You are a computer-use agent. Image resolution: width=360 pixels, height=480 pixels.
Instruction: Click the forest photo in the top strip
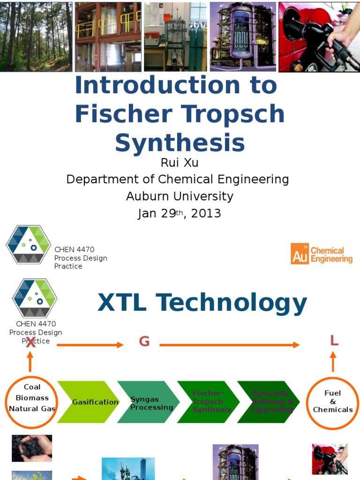pos(36,36)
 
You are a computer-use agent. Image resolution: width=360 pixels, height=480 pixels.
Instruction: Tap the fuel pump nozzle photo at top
pos(319,37)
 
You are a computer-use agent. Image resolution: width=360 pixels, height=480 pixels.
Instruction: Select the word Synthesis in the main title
pos(180,142)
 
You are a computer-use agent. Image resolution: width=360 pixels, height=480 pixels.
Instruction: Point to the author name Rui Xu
pos(180,163)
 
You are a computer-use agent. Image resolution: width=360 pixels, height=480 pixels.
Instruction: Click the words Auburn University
pos(180,196)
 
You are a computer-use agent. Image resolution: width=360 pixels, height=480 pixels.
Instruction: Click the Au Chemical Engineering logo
pos(322,254)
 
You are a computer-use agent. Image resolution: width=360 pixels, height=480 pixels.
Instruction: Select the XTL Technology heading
pos(202,303)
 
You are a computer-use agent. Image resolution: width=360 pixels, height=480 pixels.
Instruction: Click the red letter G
pos(144,342)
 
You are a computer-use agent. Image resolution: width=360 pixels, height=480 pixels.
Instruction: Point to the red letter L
pos(334,341)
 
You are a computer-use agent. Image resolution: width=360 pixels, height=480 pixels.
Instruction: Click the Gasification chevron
pos(89,402)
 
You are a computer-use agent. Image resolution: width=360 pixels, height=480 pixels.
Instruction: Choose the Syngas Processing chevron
pos(148,402)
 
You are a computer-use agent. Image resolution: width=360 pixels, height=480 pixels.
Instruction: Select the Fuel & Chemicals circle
pos(333,402)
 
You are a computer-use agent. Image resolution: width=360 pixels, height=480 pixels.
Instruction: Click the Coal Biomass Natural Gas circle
pos(32,402)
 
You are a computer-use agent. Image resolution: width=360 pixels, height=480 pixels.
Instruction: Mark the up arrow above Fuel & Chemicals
pos(333,361)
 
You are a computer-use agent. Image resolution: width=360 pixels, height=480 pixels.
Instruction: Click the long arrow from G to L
pos(229,345)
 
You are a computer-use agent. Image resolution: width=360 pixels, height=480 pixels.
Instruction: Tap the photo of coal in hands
pos(32,448)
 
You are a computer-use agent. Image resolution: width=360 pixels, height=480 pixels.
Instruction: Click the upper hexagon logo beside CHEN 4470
pos(28,244)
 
